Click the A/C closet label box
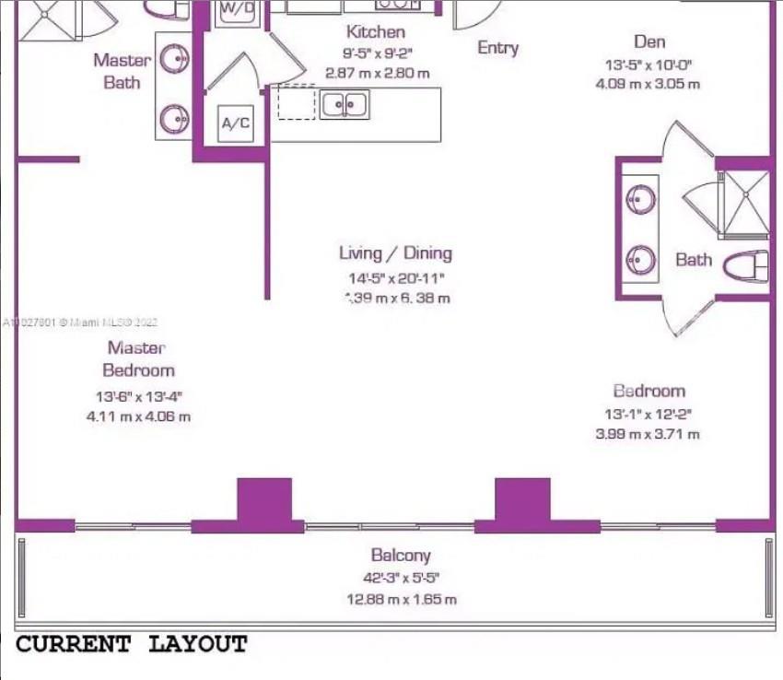(235, 123)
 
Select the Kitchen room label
(375, 32)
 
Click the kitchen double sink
(345, 105)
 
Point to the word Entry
(497, 47)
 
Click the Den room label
(649, 41)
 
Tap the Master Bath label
(122, 71)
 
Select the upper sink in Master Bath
(175, 59)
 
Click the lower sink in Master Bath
(175, 119)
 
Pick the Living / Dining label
(395, 252)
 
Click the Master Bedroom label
(137, 358)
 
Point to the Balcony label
(401, 556)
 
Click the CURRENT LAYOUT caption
(132, 644)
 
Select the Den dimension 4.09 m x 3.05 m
(648, 84)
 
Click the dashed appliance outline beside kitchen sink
(297, 102)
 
